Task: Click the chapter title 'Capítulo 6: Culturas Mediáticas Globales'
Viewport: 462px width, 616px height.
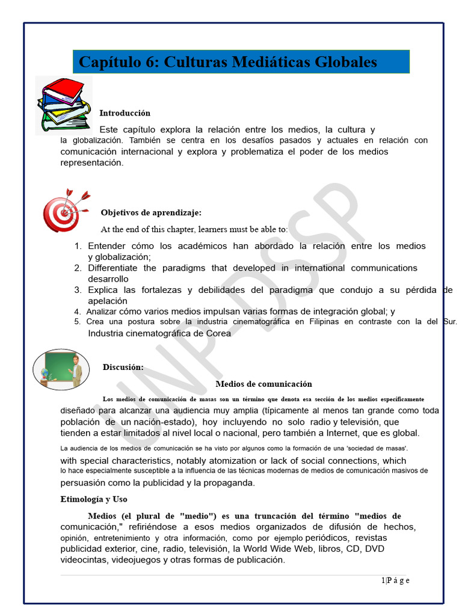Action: tap(228, 62)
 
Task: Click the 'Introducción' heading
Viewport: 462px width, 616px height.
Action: tap(125, 113)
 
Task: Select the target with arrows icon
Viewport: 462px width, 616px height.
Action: tap(65, 210)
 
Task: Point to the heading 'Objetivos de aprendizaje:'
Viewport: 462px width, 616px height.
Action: tap(151, 212)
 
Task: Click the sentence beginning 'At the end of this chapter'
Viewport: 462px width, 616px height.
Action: tap(194, 229)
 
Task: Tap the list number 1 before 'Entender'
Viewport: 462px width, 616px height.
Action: tap(78, 246)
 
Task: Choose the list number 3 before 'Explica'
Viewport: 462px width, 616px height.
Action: tap(78, 290)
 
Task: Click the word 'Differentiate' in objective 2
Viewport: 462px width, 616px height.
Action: tap(112, 268)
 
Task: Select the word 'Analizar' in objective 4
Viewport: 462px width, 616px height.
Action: tap(102, 312)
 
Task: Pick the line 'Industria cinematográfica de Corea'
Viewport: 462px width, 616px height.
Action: tap(159, 333)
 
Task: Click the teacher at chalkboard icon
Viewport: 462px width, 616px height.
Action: tap(61, 369)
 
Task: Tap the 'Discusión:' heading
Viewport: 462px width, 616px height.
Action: tap(123, 367)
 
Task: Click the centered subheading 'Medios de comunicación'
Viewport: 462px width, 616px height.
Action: tap(263, 384)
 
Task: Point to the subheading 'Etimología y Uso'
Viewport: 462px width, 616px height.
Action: tap(94, 499)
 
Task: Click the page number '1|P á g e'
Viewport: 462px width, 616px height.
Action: tap(395, 580)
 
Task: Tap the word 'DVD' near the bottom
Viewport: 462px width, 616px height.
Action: tap(375, 549)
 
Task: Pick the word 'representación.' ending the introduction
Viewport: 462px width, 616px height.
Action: tap(91, 162)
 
